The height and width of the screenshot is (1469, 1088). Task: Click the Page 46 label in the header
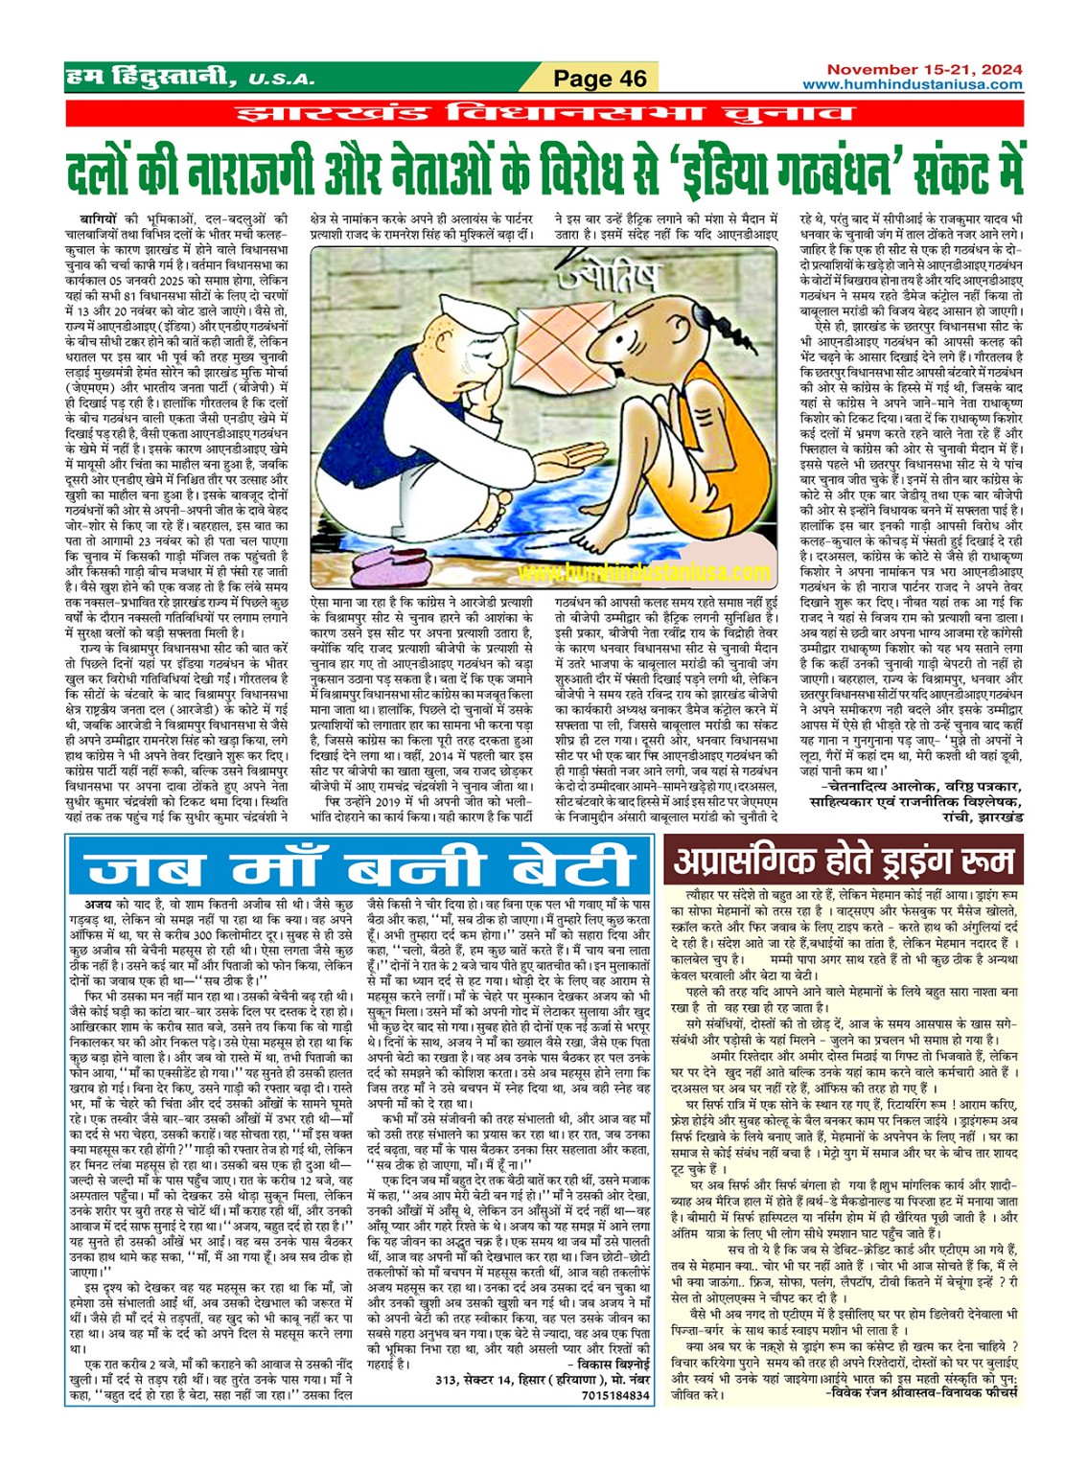pyautogui.click(x=600, y=79)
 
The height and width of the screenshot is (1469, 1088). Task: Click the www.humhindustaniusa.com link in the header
pyautogui.click(x=912, y=84)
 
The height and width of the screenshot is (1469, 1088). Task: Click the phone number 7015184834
pyautogui.click(x=614, y=1395)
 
